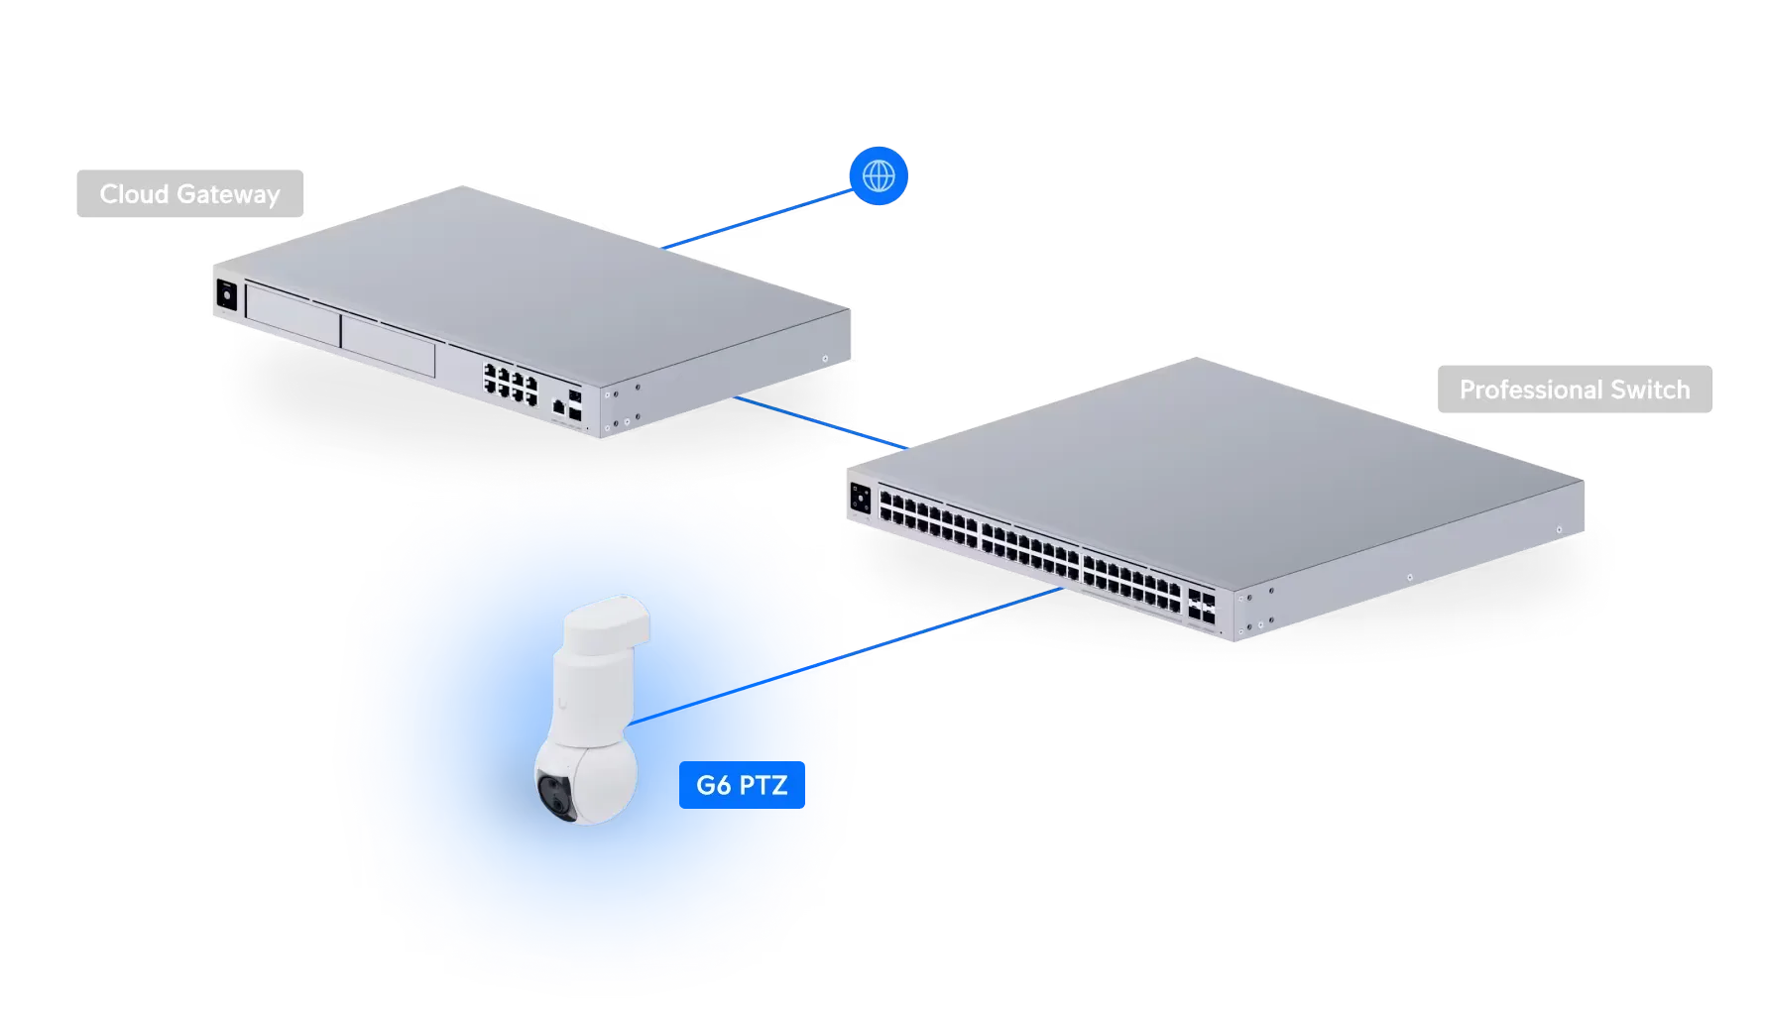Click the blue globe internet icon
coord(879,176)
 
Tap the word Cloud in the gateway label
coord(134,194)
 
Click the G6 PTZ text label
coord(742,786)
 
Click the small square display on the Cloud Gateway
coord(226,294)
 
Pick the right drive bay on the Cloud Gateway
coord(388,338)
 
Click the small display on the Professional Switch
coord(860,498)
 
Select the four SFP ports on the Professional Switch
coord(1201,606)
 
